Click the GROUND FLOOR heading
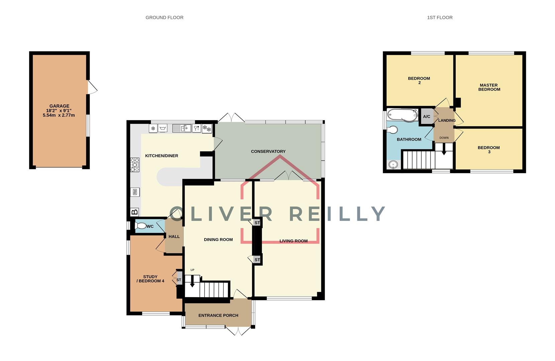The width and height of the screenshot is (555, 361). (x=164, y=17)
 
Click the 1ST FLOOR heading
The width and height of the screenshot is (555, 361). (x=439, y=17)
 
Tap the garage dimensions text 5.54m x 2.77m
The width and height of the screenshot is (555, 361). (x=59, y=115)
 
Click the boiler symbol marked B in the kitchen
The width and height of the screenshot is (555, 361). (x=134, y=212)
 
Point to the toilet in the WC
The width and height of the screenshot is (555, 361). (x=141, y=226)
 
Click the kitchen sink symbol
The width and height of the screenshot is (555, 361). (x=182, y=128)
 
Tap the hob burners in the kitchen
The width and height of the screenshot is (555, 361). (x=135, y=165)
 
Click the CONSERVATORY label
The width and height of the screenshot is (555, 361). (x=268, y=151)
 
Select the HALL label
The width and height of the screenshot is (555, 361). (x=174, y=236)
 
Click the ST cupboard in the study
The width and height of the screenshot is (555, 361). (x=179, y=280)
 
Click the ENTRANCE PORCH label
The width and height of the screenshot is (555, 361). (x=218, y=315)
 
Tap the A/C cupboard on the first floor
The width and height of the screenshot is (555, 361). (x=427, y=117)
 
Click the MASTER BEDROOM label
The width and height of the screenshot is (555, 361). (x=489, y=87)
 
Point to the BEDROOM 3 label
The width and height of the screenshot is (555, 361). (x=488, y=149)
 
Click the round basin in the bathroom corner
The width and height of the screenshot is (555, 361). (x=394, y=164)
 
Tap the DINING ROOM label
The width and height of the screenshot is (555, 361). (x=218, y=240)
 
